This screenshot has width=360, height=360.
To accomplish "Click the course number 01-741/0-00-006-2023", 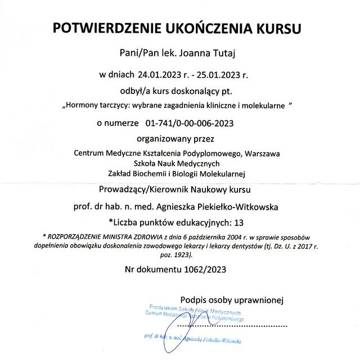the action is pyautogui.click(x=189, y=122).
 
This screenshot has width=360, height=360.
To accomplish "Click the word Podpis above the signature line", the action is pyautogui.click(x=194, y=299).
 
